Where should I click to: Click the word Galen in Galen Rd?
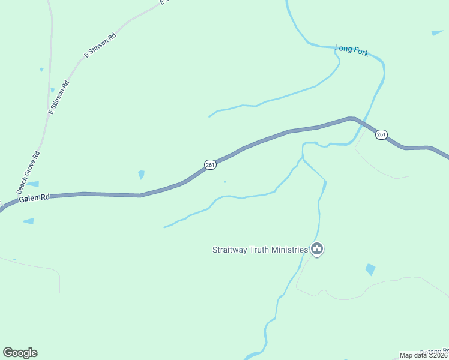coord(28,199)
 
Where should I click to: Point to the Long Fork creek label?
coord(352,50)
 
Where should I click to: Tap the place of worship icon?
coord(317,249)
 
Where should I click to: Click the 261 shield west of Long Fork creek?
coord(210,164)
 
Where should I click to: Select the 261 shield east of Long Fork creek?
coord(381,134)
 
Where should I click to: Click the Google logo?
coord(20,353)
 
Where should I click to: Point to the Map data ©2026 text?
coord(424,355)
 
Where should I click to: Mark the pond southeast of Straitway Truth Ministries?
coord(370,269)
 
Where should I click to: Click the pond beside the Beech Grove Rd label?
coord(33,184)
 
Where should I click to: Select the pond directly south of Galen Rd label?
coord(29,221)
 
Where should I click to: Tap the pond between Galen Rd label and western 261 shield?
coord(141,175)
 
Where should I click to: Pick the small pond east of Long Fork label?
coord(437,32)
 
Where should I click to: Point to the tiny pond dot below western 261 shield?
coord(225,182)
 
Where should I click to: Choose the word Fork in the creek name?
coord(361,52)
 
